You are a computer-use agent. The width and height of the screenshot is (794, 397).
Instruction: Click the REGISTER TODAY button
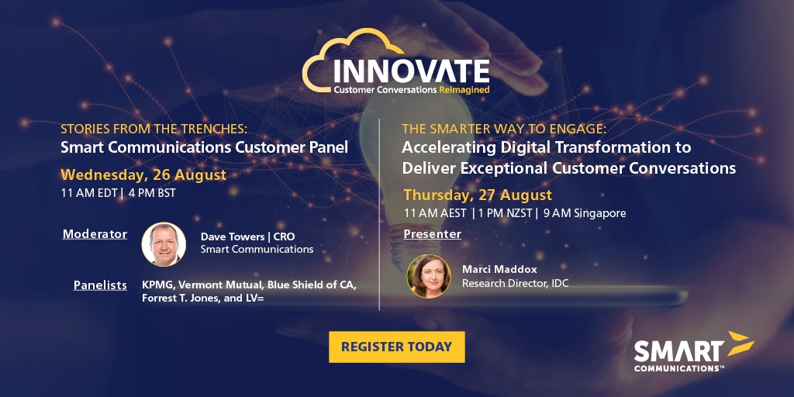tap(396, 347)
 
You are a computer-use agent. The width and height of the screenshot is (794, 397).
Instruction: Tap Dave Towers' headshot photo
tap(164, 244)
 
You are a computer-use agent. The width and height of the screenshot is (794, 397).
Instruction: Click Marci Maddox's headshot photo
tap(428, 276)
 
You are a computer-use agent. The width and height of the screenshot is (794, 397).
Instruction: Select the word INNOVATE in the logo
tap(411, 71)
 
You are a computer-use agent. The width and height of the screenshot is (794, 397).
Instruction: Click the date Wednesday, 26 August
tap(143, 175)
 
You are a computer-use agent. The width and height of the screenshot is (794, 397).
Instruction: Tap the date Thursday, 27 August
tap(478, 195)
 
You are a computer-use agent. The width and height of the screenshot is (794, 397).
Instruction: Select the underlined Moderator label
tap(95, 234)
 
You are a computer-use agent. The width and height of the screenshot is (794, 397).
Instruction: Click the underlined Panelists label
tap(100, 285)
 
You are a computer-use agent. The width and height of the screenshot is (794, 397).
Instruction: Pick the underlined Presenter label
tap(433, 234)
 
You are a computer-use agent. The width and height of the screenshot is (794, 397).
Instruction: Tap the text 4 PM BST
tap(152, 193)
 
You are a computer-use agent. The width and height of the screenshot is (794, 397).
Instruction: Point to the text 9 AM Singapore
tap(585, 214)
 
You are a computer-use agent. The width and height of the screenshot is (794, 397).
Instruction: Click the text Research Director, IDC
tap(515, 283)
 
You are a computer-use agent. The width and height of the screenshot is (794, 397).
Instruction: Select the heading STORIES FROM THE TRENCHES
tap(154, 129)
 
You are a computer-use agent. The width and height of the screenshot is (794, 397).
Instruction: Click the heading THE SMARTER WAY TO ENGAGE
tap(504, 129)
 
